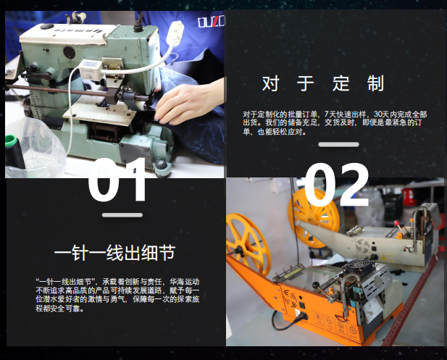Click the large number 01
(118, 180)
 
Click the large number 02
(337, 185)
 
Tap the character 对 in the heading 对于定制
(270, 83)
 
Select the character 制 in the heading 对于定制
(375, 83)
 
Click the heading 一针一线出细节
(114, 253)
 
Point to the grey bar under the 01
(122, 215)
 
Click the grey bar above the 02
(338, 145)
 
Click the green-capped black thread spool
(14, 153)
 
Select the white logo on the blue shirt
(212, 22)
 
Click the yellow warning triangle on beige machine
(383, 258)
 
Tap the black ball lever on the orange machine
(315, 285)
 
